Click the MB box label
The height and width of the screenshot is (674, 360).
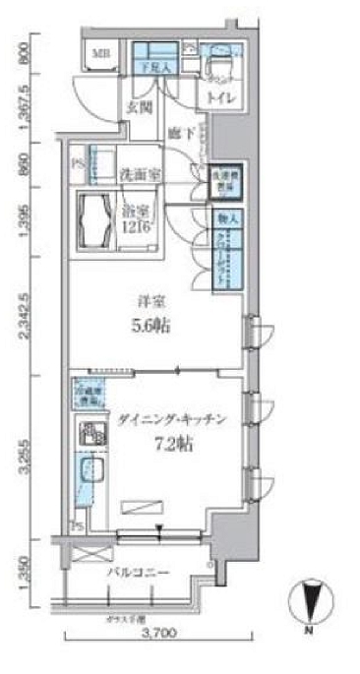101,53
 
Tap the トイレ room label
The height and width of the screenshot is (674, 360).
216,98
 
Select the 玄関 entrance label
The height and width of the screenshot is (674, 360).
136,108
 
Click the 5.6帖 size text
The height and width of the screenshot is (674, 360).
150,329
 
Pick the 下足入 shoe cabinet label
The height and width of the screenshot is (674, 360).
155,67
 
